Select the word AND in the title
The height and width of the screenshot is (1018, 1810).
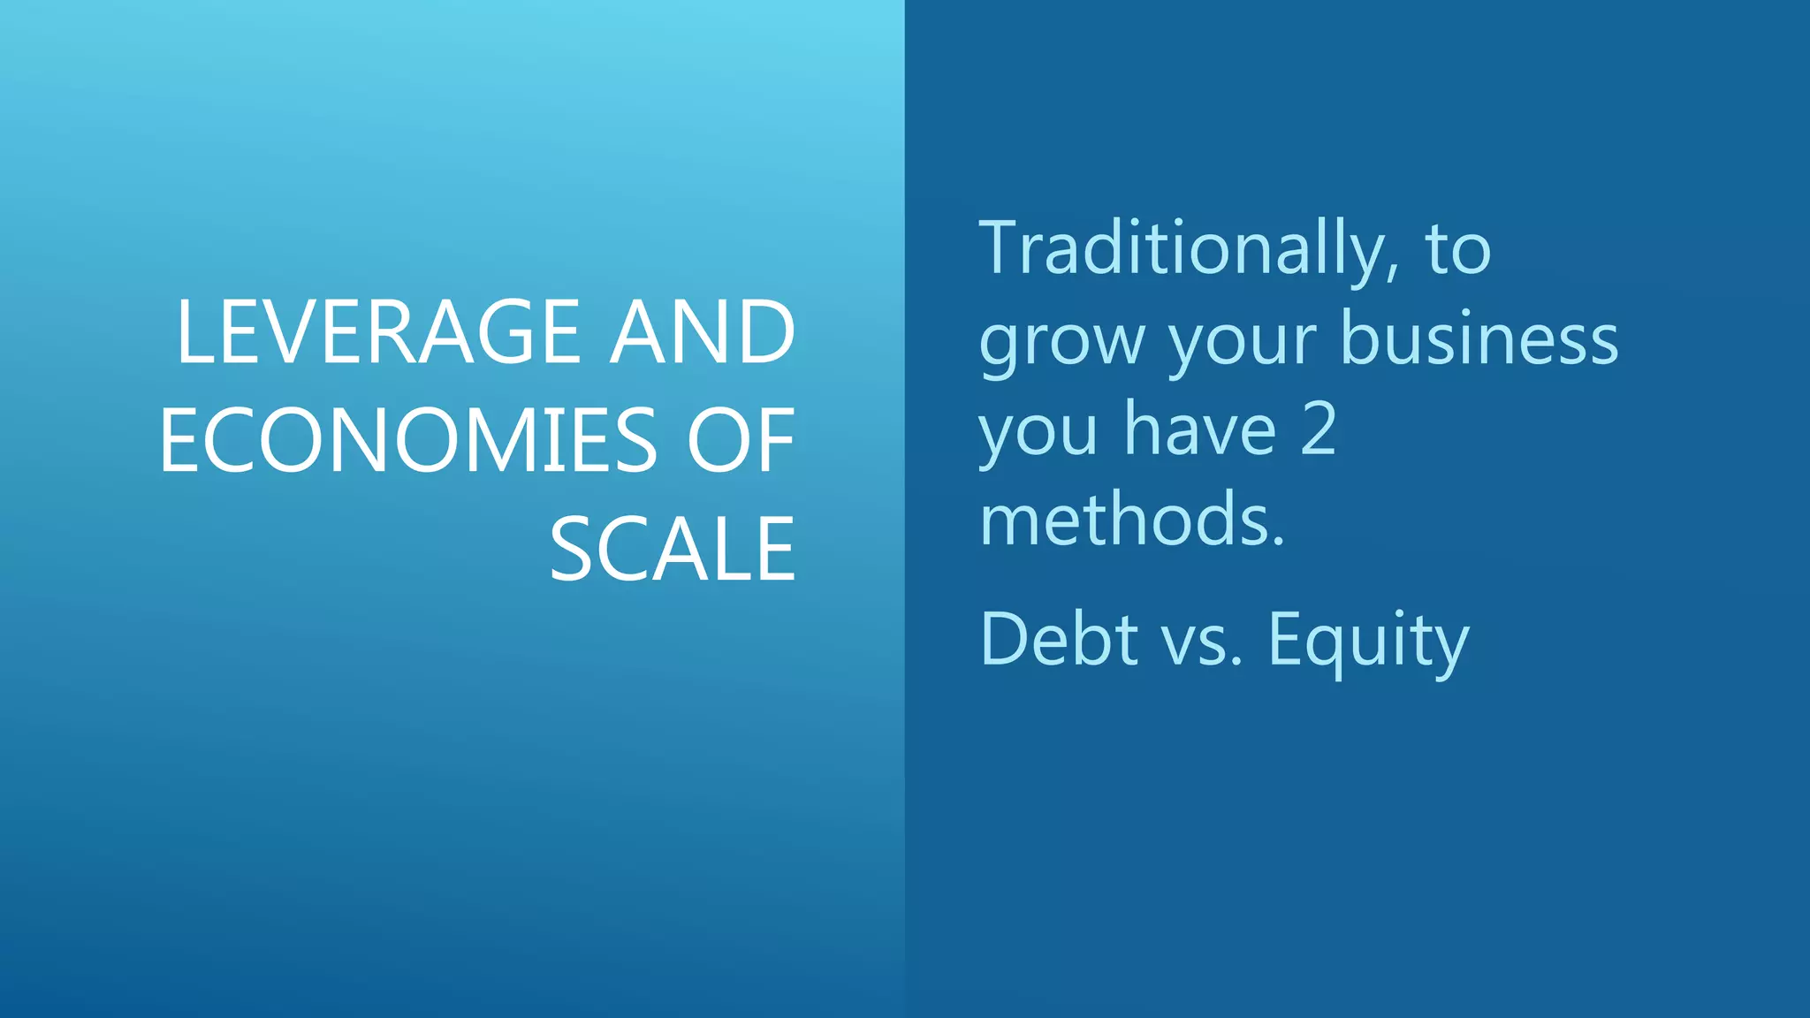[x=703, y=332]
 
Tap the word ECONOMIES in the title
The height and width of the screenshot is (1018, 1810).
[x=407, y=441]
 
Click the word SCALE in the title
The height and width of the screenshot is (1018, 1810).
[x=673, y=550]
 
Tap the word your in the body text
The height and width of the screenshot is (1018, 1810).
[x=1243, y=341]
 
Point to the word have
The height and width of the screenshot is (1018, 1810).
[x=1200, y=430]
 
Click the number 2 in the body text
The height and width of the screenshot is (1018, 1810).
[x=1319, y=430]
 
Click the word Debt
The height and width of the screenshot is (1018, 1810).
[x=1059, y=639]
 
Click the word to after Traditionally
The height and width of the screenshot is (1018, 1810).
[x=1457, y=250]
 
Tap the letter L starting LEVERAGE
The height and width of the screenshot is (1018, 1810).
[x=193, y=332]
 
